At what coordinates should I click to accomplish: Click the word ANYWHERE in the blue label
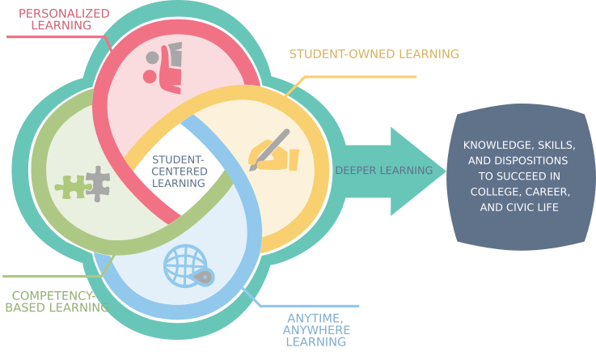pyautogui.click(x=316, y=330)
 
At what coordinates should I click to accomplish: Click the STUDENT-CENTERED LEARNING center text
pyautogui.click(x=179, y=172)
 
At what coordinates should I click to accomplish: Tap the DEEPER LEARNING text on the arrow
pyautogui.click(x=384, y=171)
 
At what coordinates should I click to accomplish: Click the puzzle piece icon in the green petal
pyautogui.click(x=96, y=184)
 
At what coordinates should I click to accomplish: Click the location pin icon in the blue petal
pyautogui.click(x=203, y=277)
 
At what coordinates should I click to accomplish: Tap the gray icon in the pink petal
pyautogui.click(x=166, y=55)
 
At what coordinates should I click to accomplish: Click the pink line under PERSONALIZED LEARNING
pyautogui.click(x=49, y=36)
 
